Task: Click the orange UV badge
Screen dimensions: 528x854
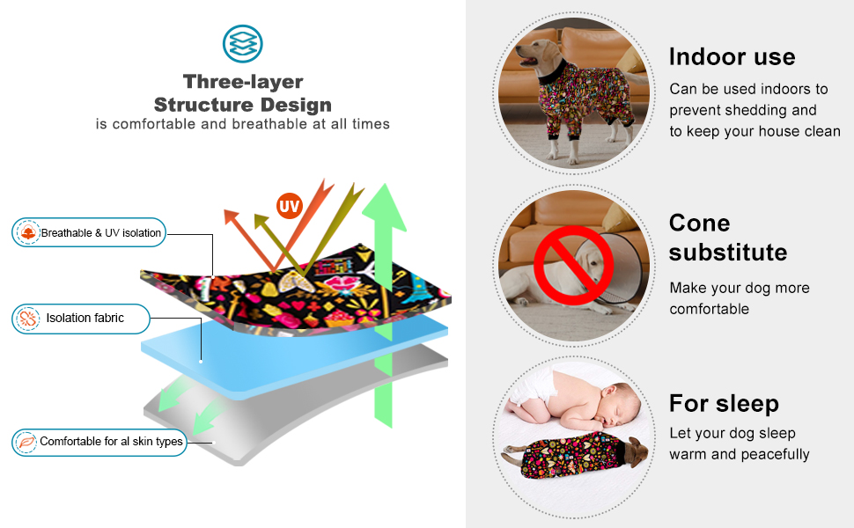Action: point(289,207)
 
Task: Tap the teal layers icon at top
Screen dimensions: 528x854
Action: point(242,43)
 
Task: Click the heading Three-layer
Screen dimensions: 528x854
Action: point(243,82)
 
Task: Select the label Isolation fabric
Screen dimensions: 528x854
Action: point(85,318)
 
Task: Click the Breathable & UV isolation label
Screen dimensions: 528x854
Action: point(101,233)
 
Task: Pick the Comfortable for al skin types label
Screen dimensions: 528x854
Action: point(111,442)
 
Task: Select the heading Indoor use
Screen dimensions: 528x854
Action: point(732,57)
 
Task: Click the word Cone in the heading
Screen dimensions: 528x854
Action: point(699,223)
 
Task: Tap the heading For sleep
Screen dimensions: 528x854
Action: point(724,404)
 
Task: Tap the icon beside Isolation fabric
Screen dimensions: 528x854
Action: point(28,319)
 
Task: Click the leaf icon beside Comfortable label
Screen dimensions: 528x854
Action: point(26,442)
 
